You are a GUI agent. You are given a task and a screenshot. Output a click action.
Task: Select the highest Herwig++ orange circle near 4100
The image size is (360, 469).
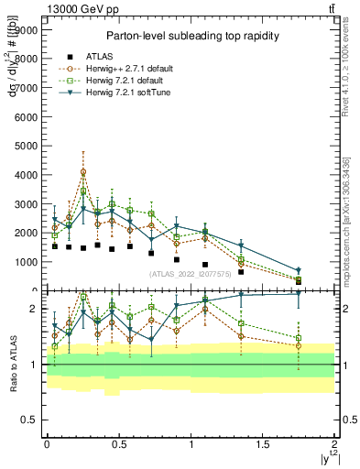coord(83,171)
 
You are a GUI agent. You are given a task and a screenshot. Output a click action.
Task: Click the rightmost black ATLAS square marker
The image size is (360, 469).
coord(299,280)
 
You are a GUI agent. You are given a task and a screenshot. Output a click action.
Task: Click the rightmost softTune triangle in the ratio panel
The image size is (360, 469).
coord(299,293)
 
